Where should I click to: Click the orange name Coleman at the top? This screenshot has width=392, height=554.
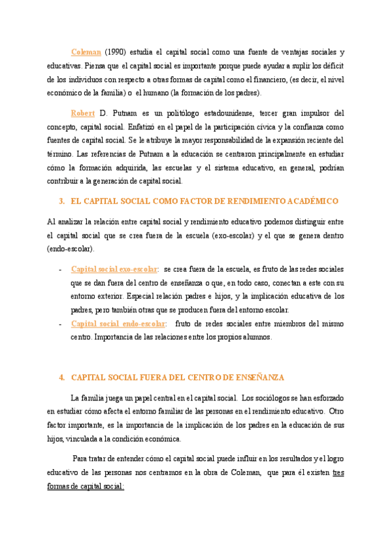85,52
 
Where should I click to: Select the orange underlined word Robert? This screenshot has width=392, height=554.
84,112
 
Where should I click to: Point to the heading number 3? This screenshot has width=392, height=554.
61,201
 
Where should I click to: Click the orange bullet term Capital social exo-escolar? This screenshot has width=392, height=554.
114,269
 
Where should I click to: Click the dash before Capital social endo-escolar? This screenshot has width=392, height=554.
61,324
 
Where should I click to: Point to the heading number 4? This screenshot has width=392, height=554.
61,378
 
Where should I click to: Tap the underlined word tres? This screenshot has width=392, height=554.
338,472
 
